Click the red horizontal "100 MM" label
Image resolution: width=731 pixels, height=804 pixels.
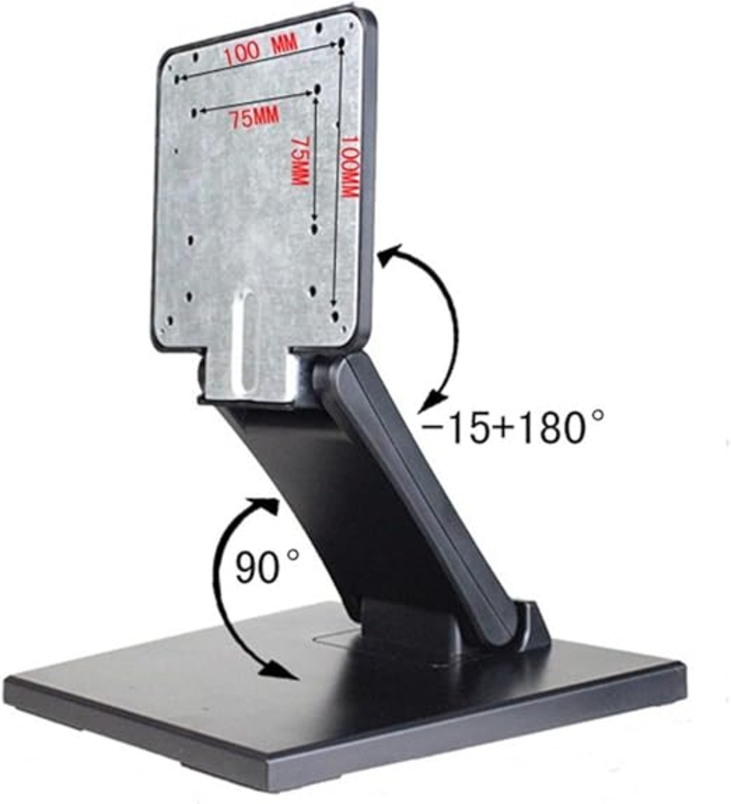260,50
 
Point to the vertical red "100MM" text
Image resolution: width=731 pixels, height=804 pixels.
350,167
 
